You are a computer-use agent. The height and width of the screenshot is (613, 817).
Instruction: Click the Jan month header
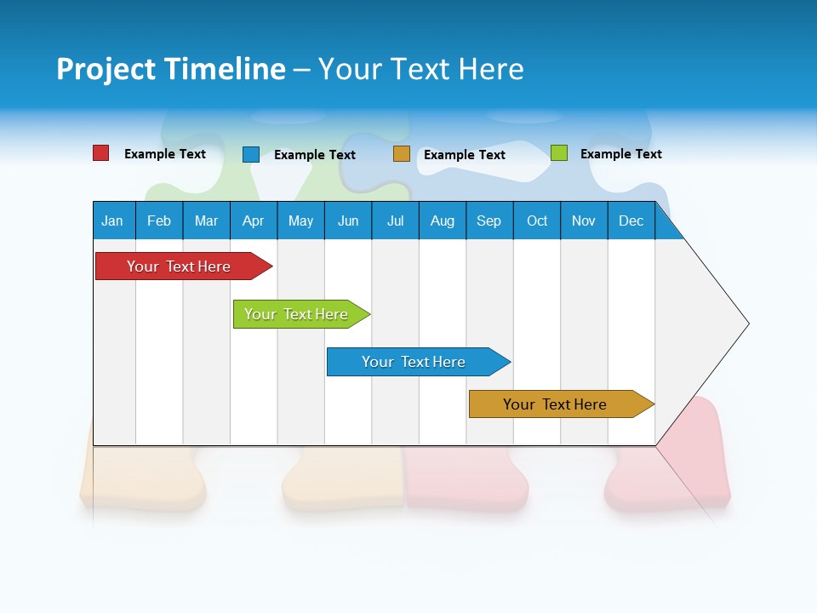point(112,221)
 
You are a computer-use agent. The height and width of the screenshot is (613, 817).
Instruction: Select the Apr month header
point(253,221)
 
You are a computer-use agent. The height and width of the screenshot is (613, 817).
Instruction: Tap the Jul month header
point(395,221)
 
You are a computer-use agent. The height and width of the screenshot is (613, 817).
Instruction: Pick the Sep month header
point(488,221)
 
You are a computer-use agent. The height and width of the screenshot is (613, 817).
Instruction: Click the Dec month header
point(631,221)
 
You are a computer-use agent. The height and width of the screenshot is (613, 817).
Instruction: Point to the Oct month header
point(537,221)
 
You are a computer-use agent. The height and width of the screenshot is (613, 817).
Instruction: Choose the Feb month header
point(159,221)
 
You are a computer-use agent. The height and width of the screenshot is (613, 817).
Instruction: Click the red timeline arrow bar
point(180,266)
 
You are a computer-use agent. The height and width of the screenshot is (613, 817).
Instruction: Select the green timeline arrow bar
point(297,314)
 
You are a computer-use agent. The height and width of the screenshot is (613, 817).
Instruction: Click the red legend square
point(101,153)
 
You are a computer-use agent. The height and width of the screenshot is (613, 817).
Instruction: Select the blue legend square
point(251,154)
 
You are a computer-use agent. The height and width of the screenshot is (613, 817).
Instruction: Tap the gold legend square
point(402,154)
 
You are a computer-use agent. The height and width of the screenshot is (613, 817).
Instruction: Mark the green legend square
point(559,153)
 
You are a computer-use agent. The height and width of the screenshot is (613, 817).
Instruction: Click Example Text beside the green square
point(620,154)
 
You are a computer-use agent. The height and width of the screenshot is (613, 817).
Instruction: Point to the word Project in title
point(106,70)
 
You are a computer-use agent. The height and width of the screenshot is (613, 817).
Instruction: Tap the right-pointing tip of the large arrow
point(746,324)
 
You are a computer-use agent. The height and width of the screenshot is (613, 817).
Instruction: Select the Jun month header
point(348,221)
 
